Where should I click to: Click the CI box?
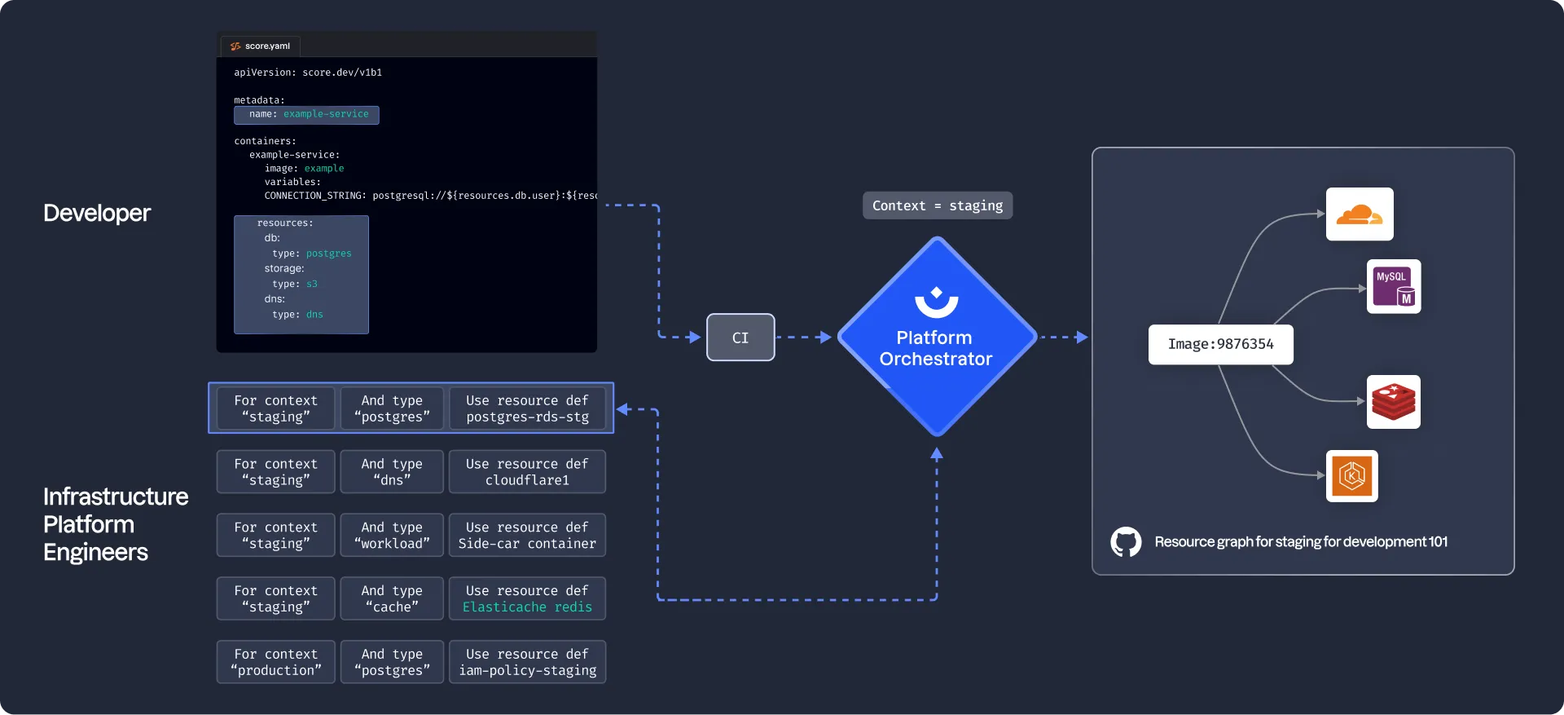tap(740, 338)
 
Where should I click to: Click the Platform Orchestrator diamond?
tap(936, 338)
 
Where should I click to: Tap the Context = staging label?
tap(937, 205)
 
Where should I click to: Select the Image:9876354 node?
tap(1220, 344)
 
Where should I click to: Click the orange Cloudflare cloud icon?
tap(1359, 214)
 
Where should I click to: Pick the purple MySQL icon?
tap(1394, 287)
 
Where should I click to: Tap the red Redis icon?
tap(1393, 402)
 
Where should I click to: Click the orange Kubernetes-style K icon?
tap(1351, 476)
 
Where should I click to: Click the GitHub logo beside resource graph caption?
tap(1126, 542)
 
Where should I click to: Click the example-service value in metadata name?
tap(326, 114)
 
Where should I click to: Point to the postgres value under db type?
tap(328, 254)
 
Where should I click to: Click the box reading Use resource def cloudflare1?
tap(527, 472)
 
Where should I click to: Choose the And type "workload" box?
tap(392, 536)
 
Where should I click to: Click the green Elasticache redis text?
tap(527, 607)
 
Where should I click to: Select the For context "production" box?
tap(275, 662)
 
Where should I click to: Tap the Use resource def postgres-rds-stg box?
tap(527, 408)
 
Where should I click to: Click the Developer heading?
tap(97, 214)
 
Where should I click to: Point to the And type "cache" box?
tap(392, 598)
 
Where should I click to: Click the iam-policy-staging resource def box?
tap(527, 662)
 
